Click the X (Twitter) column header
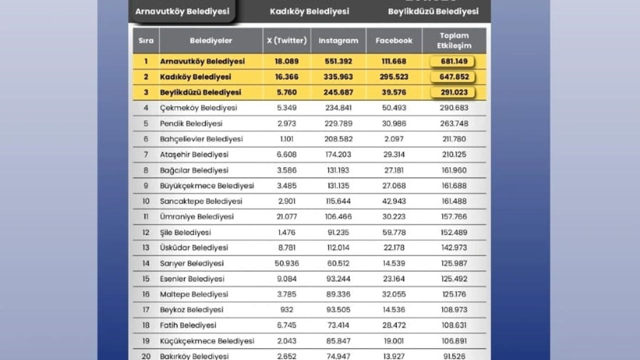(286, 40)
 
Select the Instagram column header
(338, 40)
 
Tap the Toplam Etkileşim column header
(454, 40)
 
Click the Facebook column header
(394, 40)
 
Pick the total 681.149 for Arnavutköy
(452, 61)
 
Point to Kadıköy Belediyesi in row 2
(195, 77)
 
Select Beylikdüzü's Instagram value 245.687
(338, 92)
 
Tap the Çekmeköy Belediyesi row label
(198, 108)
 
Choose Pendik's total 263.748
(454, 123)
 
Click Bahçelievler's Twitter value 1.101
(286, 139)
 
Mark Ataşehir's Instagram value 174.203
(338, 154)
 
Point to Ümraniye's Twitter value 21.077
(286, 216)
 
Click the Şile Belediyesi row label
(185, 232)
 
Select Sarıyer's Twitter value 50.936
(286, 263)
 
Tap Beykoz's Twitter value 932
(286, 310)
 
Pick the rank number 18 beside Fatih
(146, 325)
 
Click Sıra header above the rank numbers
(146, 40)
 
